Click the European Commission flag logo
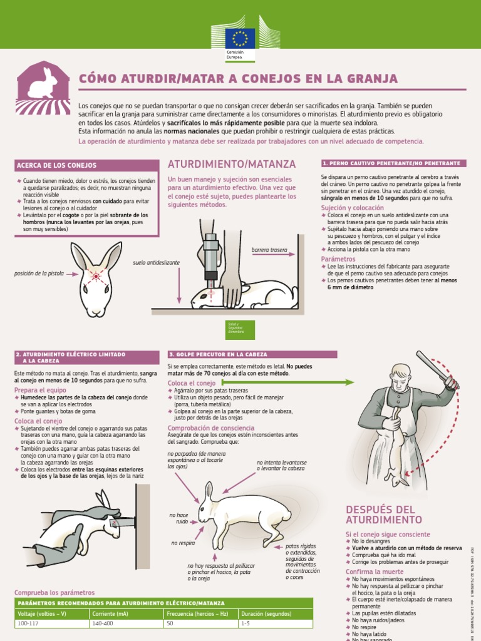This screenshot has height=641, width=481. pos(240,38)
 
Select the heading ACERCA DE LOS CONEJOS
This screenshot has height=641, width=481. pos(56,166)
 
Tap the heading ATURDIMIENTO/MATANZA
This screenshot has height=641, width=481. pos(231,164)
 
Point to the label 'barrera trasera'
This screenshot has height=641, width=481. pos(269,250)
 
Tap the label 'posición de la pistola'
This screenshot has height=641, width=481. pos(39,274)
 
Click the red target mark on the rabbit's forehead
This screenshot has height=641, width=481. pos(96,275)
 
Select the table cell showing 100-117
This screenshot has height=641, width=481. pos(28,623)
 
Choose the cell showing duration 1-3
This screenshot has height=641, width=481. pos(246,623)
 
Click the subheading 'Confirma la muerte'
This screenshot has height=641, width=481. pos(375,572)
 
